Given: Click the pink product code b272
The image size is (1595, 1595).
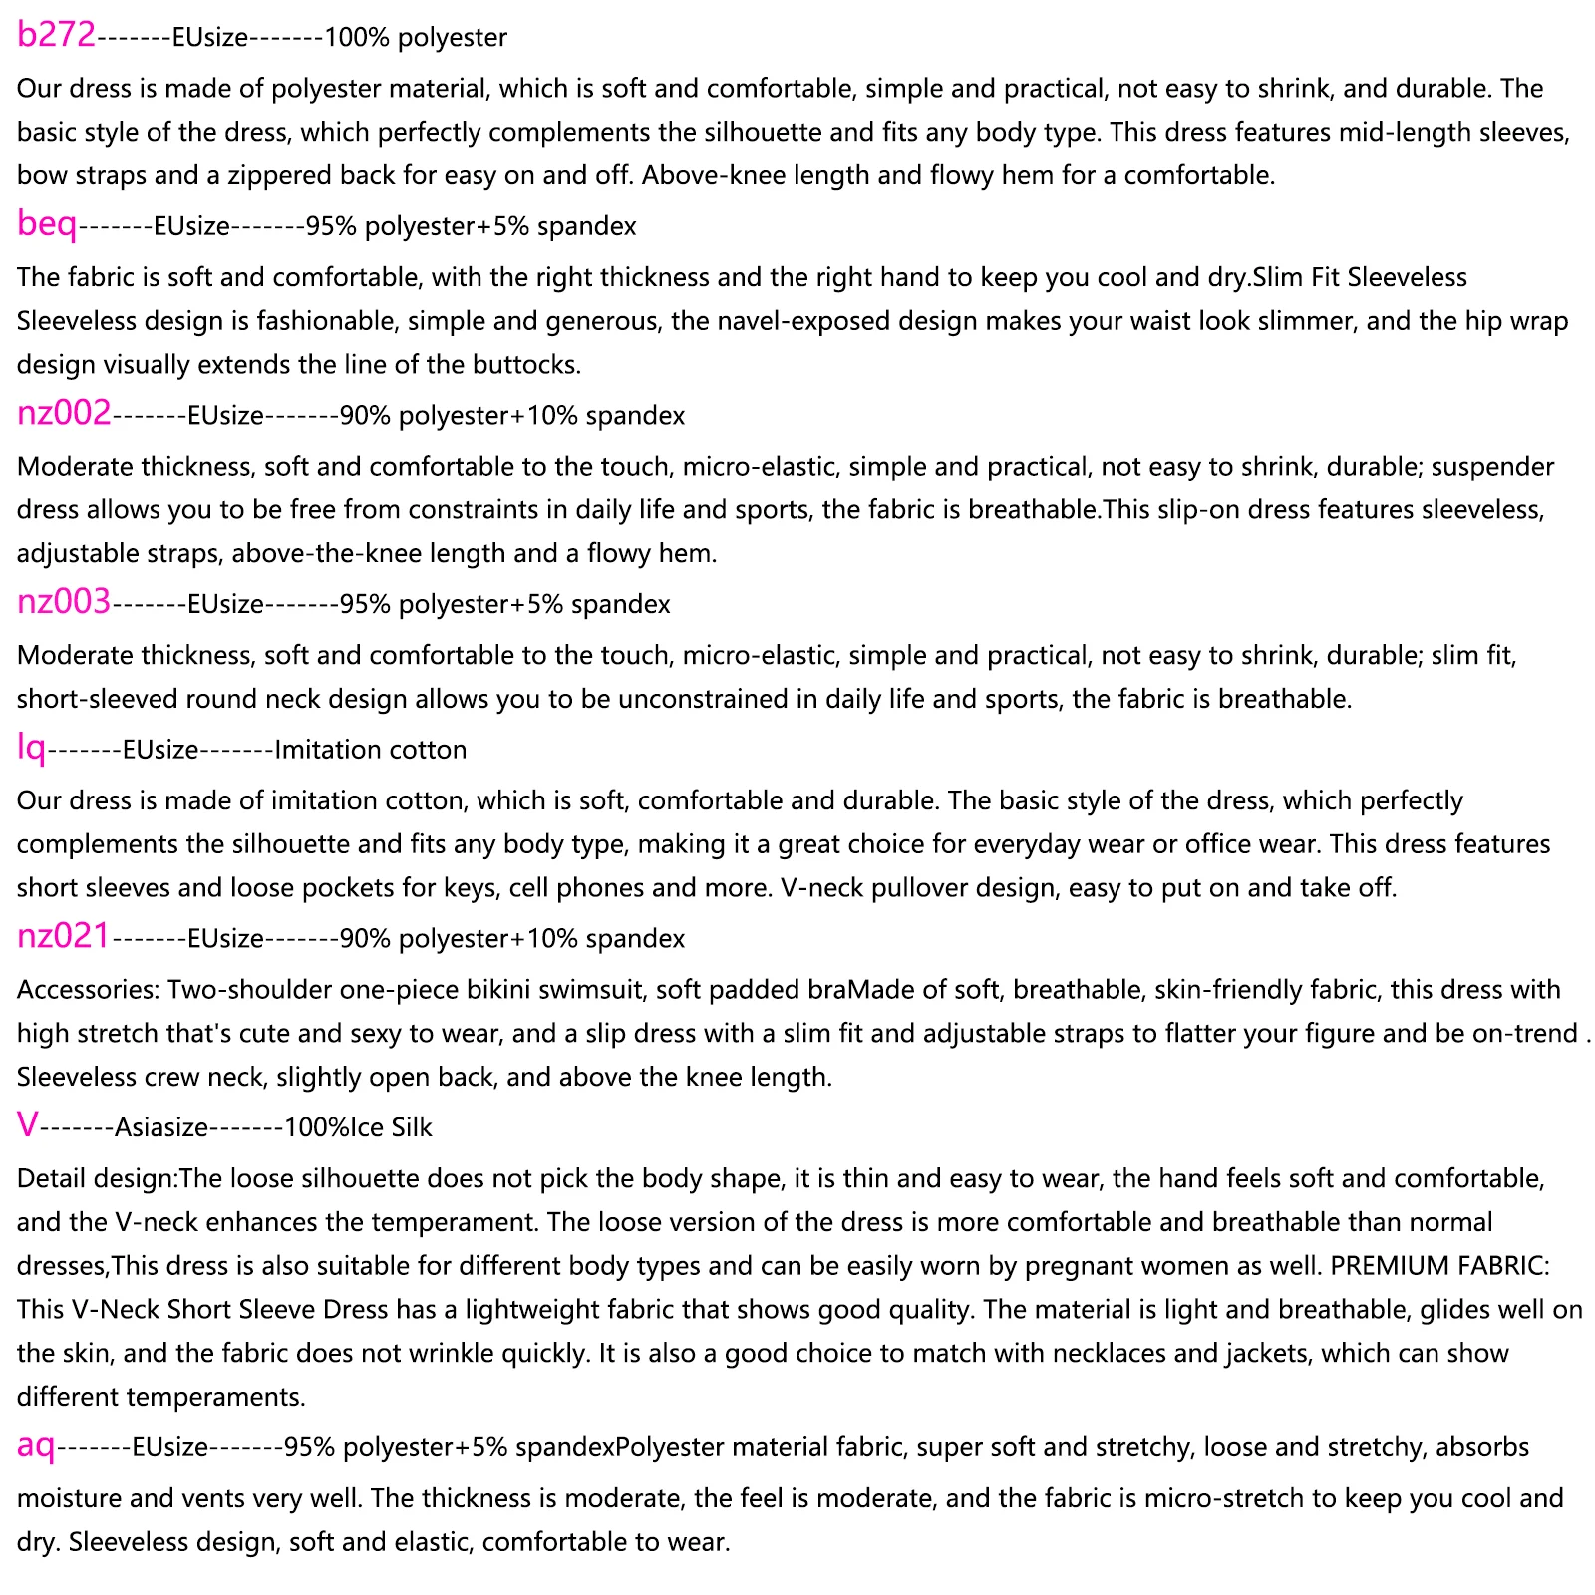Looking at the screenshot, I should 56,36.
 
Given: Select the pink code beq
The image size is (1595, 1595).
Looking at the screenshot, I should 47,225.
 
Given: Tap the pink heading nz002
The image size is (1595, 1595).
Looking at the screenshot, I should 64,414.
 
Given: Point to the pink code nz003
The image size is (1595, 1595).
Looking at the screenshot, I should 64,602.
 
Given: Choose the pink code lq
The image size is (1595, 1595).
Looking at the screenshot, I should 32,748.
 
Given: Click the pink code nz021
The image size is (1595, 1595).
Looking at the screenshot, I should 64,937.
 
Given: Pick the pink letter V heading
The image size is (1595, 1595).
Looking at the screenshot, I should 28,1126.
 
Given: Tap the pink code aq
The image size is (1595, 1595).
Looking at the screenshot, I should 36,1445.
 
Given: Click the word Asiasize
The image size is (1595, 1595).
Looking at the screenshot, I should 161,1128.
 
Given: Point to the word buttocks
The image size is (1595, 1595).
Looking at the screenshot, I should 529,365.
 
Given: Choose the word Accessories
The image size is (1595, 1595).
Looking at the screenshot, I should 89,990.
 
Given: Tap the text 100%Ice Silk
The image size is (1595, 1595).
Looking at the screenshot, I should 358,1128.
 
